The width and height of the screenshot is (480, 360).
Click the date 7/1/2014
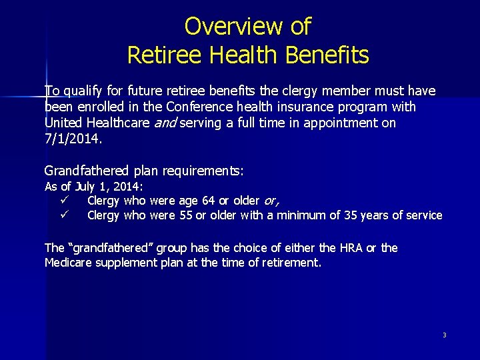pyautogui.click(x=73, y=139)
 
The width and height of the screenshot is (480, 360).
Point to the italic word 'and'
pyautogui.click(x=164, y=123)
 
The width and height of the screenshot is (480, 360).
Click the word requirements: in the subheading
pyautogui.click(x=201, y=171)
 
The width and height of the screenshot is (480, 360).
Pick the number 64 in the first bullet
pyautogui.click(x=187, y=200)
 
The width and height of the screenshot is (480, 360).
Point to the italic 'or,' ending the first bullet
pyautogui.click(x=271, y=200)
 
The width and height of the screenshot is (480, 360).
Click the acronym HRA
pyautogui.click(x=347, y=248)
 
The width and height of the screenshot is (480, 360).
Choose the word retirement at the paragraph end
pyautogui.click(x=288, y=263)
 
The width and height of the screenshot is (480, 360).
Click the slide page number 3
pyautogui.click(x=444, y=335)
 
